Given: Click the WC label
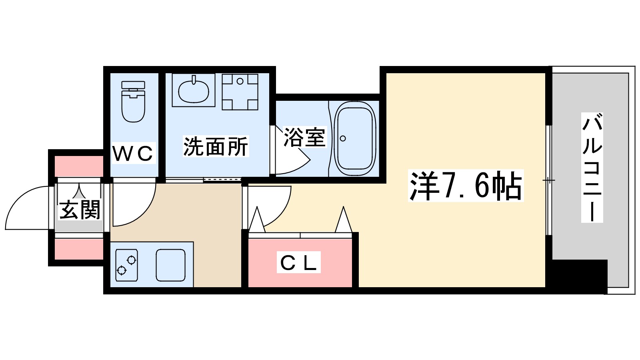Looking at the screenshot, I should [x=133, y=153].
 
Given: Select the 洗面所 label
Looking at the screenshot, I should [x=216, y=146].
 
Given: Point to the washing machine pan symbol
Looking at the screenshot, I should [x=240, y=92].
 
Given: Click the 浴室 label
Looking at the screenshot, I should [x=304, y=137].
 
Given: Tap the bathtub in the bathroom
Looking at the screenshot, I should [x=355, y=138].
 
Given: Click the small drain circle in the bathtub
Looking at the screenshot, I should [x=343, y=138].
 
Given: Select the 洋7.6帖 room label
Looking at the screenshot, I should [x=466, y=186].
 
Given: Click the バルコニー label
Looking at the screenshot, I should [x=592, y=168].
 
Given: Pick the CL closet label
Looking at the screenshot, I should [x=298, y=263].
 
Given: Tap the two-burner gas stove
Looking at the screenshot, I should [x=126, y=265].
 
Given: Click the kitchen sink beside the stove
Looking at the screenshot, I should [x=170, y=265].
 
